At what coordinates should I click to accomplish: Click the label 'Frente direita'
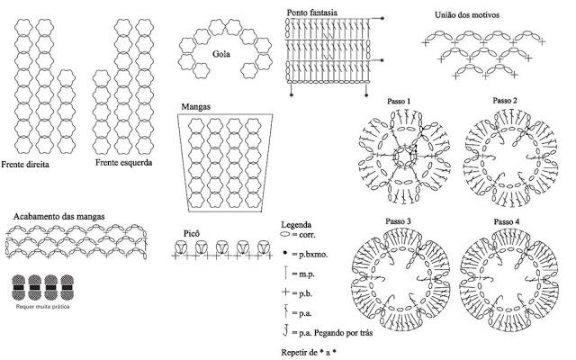[x=25, y=166]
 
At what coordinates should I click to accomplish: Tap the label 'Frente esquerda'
[x=123, y=163]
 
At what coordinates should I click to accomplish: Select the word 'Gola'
[x=220, y=54]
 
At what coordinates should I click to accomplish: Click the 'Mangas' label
[x=196, y=106]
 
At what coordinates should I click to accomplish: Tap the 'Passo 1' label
[x=399, y=100]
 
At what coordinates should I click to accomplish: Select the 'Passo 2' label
[x=506, y=100]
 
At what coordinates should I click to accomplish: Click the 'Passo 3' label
[x=399, y=221]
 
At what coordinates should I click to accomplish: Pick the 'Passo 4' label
[x=506, y=221]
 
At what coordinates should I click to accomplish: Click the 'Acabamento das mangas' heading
[x=59, y=216]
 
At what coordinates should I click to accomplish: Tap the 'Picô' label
[x=192, y=233]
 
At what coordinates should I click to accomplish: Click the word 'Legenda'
[x=297, y=224]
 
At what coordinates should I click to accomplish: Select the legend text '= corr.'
[x=306, y=234]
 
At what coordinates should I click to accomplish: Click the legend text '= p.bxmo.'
[x=311, y=256]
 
